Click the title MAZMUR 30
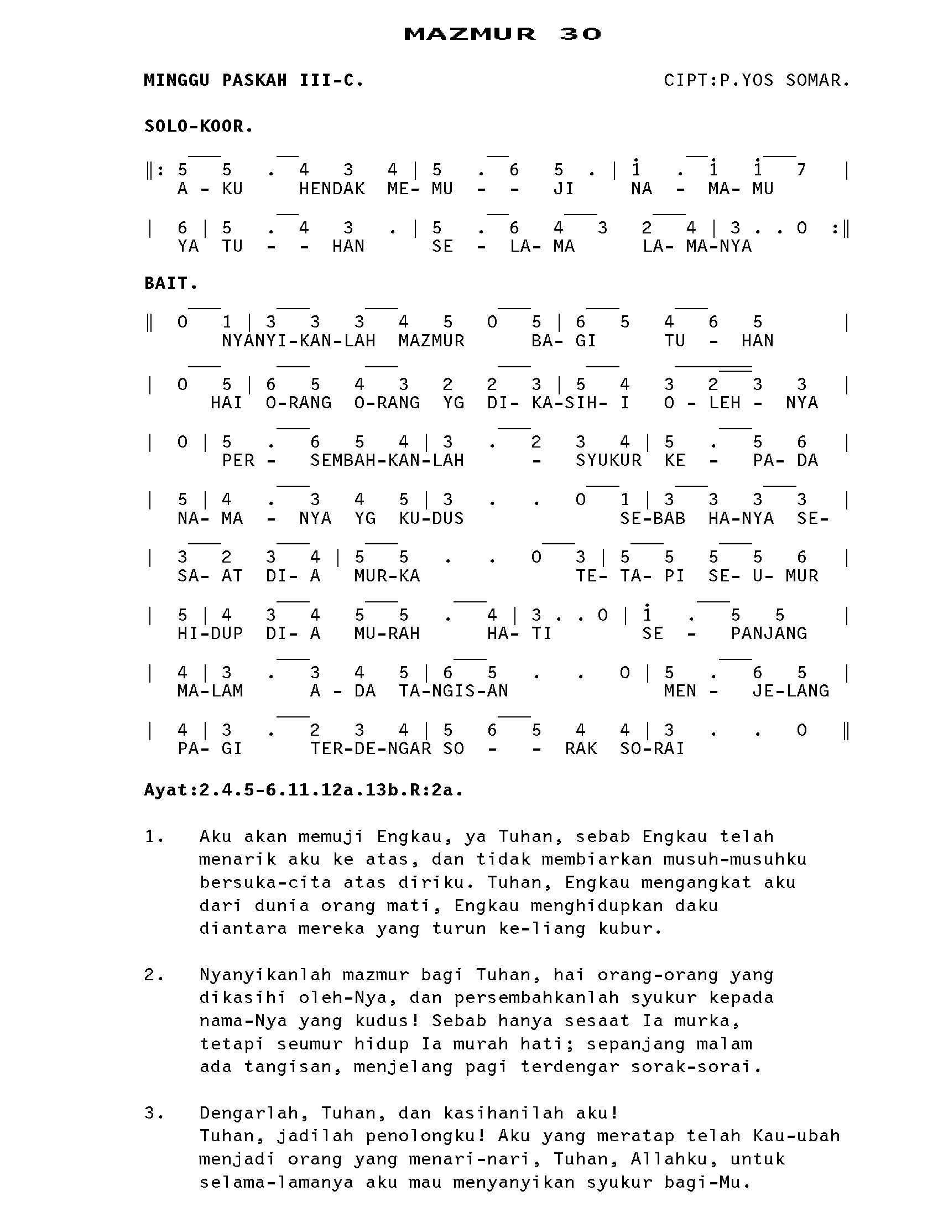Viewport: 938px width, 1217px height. pyautogui.click(x=502, y=34)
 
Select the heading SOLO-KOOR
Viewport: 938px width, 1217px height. pyautogui.click(x=199, y=127)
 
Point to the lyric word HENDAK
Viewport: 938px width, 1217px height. pyautogui.click(x=332, y=189)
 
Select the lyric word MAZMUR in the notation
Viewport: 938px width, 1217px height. pyautogui.click(x=431, y=340)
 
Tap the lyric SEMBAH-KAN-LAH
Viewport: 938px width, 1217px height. pyautogui.click(x=387, y=460)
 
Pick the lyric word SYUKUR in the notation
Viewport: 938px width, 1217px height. pyautogui.click(x=608, y=460)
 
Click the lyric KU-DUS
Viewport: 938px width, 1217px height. pyautogui.click(x=431, y=518)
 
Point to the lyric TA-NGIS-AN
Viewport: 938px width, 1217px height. pyautogui.click(x=454, y=691)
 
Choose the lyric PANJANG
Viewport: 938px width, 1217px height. pyautogui.click(x=769, y=633)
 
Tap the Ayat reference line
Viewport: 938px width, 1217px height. pyautogui.click(x=304, y=790)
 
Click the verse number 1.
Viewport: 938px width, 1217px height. pyautogui.click(x=153, y=836)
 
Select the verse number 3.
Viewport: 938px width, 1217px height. pyautogui.click(x=153, y=1113)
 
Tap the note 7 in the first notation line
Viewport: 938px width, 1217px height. pyautogui.click(x=801, y=169)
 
